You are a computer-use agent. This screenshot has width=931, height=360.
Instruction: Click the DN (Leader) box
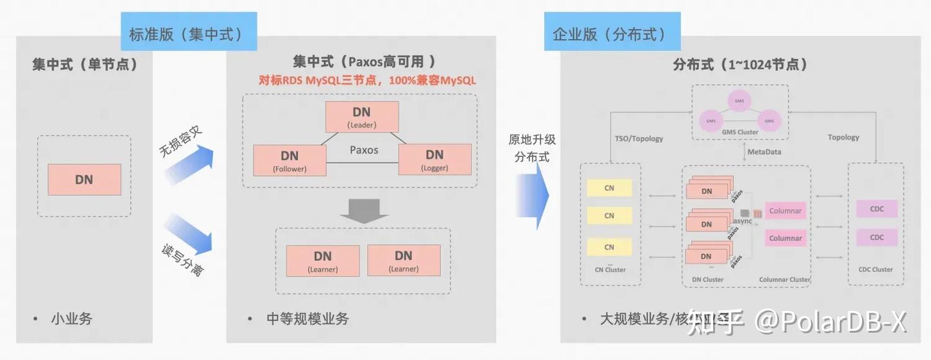[361, 117]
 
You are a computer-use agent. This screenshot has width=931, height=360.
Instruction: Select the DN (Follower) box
[289, 160]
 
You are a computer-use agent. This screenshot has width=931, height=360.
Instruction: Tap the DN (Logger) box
[434, 159]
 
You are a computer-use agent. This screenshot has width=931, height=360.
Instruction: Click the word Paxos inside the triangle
[364, 149]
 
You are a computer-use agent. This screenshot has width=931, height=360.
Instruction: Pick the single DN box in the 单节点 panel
[84, 180]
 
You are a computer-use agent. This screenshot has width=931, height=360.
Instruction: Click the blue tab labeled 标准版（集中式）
[188, 34]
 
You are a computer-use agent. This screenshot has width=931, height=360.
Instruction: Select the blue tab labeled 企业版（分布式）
[612, 34]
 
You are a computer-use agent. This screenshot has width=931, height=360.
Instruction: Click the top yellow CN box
[609, 188]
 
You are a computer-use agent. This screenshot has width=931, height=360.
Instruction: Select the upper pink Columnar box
[785, 211]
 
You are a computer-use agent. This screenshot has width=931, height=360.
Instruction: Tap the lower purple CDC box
[877, 237]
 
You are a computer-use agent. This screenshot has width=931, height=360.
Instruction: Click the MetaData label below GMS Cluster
[764, 152]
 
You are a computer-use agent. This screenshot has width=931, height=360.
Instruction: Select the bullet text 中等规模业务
[307, 319]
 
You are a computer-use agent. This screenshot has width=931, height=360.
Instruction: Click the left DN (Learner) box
[323, 261]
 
